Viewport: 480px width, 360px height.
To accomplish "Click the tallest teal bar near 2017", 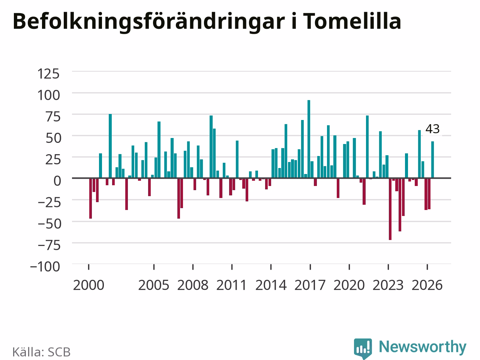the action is coord(309,139).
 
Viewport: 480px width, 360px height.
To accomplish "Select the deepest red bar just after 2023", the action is coord(390,209).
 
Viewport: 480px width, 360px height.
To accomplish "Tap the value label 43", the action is coord(432,129).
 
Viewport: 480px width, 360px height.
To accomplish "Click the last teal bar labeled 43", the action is coord(432,160).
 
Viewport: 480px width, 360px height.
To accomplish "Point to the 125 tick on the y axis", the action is coord(48,73).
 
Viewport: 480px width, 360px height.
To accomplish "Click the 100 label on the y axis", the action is coord(48,95).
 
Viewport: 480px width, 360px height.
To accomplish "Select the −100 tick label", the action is coord(45,267).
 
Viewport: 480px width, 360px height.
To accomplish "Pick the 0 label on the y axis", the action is coord(57,181).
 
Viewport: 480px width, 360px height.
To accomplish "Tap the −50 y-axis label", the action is coord(49,224).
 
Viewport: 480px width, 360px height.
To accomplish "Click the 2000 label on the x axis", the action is coord(88,285).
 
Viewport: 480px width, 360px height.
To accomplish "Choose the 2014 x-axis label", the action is coord(271,285).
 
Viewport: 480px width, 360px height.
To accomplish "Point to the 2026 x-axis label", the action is coord(427,285).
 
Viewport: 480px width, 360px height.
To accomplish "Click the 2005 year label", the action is coord(154,285).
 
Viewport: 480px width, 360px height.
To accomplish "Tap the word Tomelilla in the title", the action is coord(352,21).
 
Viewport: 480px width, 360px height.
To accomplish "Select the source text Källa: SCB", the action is coord(41,352).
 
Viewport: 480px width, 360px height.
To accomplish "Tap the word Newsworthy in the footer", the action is coord(423,347).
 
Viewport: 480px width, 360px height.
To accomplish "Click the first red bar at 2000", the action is coord(90,198).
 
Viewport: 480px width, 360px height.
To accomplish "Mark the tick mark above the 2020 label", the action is coord(349,267).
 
